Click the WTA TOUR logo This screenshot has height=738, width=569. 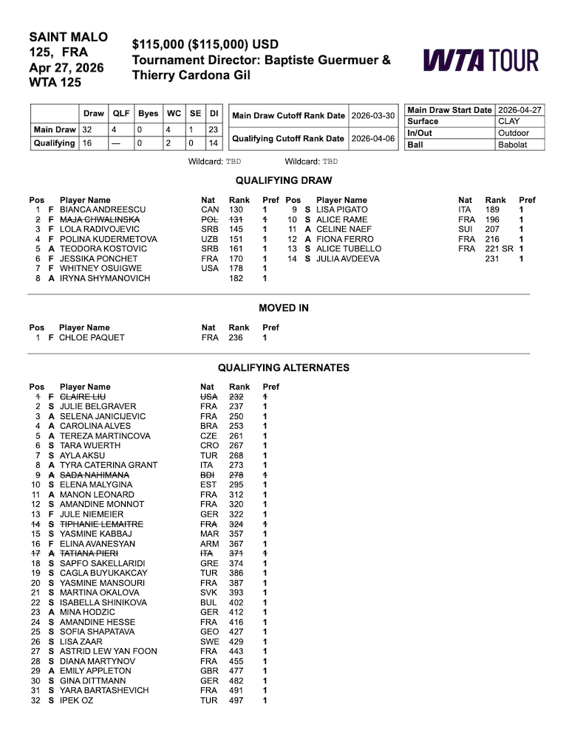(x=480, y=60)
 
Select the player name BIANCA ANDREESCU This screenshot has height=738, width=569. (x=102, y=210)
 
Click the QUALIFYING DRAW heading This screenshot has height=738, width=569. (x=284, y=180)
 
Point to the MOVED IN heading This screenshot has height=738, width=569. (x=284, y=308)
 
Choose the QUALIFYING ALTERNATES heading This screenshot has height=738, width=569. (x=284, y=368)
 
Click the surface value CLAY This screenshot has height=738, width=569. (x=509, y=121)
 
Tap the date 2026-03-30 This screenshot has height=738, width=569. (x=373, y=116)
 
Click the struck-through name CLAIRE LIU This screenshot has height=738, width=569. (x=83, y=396)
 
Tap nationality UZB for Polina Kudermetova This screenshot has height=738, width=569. (x=210, y=239)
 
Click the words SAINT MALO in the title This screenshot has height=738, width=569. (x=68, y=37)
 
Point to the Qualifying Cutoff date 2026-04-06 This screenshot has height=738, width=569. (x=373, y=138)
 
